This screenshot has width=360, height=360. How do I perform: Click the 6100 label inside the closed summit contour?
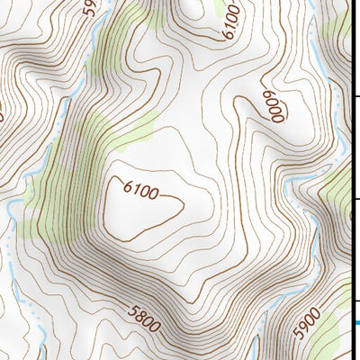(141, 192)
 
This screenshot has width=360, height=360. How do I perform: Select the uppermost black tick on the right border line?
(356, 98)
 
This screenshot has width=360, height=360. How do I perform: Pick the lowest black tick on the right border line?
(356, 301)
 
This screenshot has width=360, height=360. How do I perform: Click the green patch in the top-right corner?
(340, 27)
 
